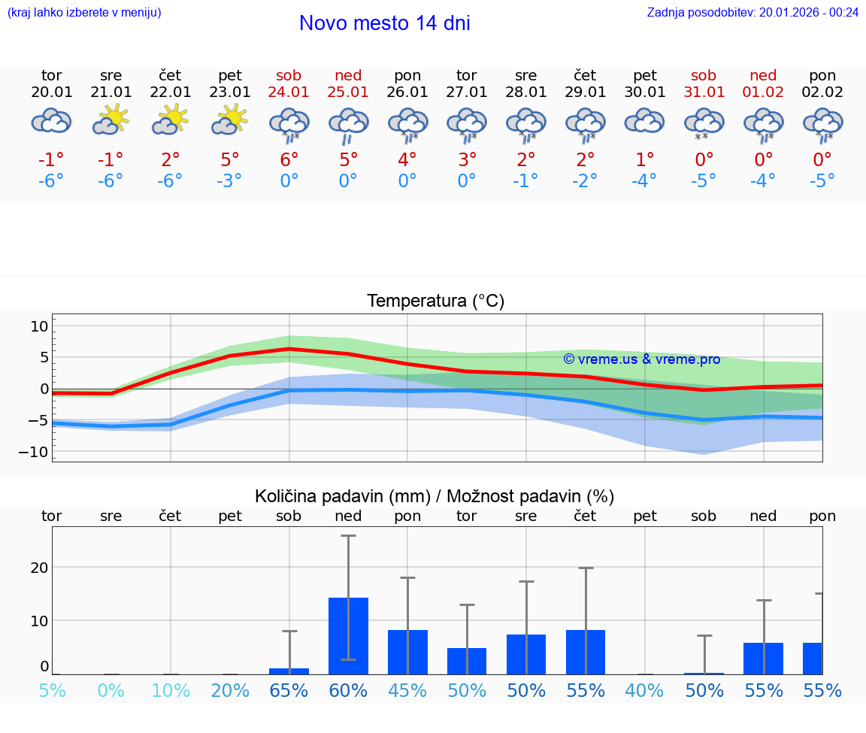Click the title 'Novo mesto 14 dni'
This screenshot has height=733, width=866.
[384, 23]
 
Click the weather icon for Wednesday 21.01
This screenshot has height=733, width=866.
[111, 120]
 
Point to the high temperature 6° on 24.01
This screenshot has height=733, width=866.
[289, 159]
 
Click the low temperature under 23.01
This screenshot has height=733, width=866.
[230, 181]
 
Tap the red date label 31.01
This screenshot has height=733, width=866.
[704, 92]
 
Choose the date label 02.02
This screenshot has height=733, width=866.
[822, 92]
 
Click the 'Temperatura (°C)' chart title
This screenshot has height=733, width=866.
[436, 301]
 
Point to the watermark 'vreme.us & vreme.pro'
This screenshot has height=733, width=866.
[642, 359]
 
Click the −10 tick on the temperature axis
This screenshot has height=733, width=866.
[38, 452]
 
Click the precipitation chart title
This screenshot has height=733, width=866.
[435, 496]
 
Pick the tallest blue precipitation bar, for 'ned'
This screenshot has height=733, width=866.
[348, 635]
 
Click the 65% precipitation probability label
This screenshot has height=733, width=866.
[289, 691]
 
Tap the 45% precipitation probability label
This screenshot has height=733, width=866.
[407, 691]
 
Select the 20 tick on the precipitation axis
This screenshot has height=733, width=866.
[39, 567]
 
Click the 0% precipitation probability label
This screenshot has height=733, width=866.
[111, 691]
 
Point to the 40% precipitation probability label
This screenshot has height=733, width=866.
[645, 691]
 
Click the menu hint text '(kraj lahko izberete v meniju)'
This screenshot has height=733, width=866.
[84, 12]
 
